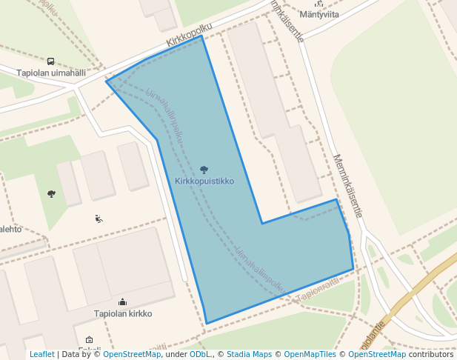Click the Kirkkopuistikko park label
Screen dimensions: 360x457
tap(204, 181)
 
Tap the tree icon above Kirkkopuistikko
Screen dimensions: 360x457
tap(204, 170)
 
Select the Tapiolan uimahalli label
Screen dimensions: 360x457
tap(52, 73)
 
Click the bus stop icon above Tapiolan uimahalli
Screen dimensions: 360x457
tap(50, 61)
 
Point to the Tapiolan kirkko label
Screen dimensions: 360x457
tap(123, 313)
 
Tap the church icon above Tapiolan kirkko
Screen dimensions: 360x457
tap(122, 302)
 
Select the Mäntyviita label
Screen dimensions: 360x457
tap(319, 14)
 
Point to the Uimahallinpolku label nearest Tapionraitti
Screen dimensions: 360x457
tap(260, 268)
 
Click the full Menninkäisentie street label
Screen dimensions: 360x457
tap(347, 185)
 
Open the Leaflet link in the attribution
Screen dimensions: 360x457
tap(41, 354)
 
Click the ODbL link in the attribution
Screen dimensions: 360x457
tap(200, 354)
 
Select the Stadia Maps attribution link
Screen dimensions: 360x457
tap(249, 354)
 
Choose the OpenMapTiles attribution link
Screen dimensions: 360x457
tap(307, 354)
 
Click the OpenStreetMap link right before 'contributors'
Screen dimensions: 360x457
tap(376, 354)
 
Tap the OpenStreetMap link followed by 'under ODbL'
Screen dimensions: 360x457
tap(131, 354)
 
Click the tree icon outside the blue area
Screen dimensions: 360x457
tap(51, 194)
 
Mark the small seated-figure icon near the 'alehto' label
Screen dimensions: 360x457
tap(99, 219)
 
